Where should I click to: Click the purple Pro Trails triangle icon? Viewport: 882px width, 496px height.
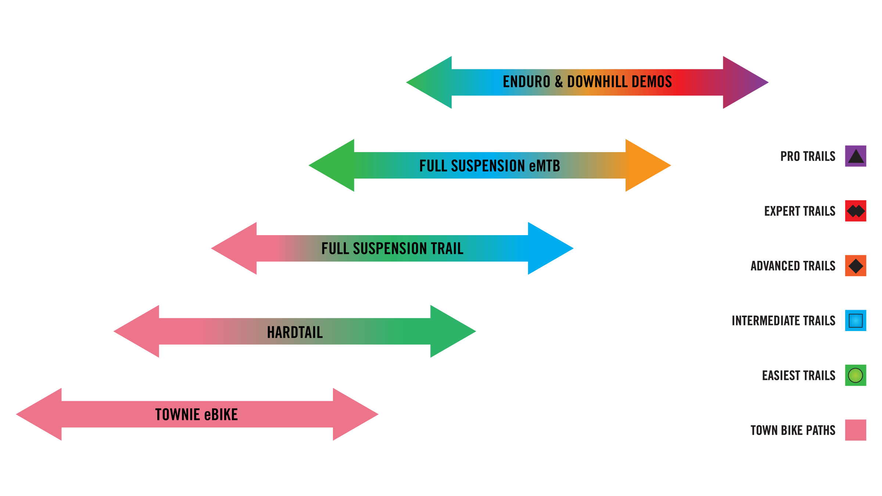click(x=856, y=156)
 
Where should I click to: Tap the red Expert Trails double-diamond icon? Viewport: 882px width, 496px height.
click(x=856, y=211)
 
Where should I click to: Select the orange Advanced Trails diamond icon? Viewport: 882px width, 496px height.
click(x=856, y=266)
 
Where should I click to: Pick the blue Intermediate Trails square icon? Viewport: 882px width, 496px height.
click(x=856, y=320)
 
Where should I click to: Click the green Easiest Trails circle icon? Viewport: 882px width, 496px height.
click(x=856, y=375)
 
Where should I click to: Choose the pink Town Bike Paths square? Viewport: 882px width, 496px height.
click(x=856, y=430)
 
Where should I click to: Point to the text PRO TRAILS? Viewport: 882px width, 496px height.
click(x=808, y=157)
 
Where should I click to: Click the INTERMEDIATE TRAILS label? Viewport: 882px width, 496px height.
click(x=784, y=321)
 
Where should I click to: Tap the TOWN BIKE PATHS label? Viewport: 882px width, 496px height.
click(x=793, y=430)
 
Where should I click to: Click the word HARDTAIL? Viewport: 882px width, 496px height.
click(x=295, y=332)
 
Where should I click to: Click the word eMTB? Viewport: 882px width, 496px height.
click(x=545, y=166)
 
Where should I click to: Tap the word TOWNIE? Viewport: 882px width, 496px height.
click(x=178, y=415)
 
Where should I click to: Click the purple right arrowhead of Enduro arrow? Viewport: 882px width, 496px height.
click(x=742, y=82)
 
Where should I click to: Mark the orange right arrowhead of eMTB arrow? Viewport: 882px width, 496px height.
click(x=645, y=165)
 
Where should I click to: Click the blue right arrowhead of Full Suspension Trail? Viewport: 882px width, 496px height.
click(x=548, y=248)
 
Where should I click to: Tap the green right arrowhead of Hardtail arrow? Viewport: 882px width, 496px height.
click(x=450, y=331)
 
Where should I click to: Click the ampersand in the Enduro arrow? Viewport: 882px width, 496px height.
click(x=559, y=82)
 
